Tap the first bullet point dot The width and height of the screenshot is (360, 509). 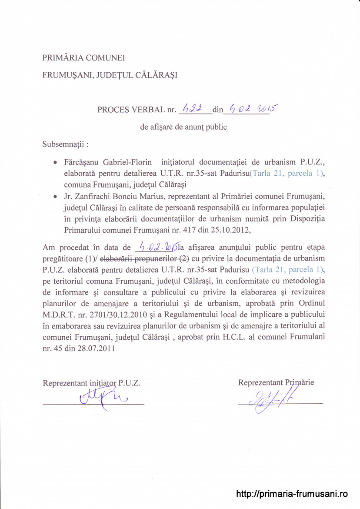55,163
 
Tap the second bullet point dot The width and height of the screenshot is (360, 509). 55,197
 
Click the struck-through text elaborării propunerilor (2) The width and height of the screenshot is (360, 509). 144,258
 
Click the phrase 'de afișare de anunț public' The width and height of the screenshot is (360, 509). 183,127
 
